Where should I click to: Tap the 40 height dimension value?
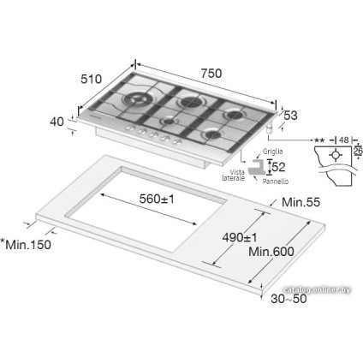(58, 122)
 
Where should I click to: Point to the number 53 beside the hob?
(291, 116)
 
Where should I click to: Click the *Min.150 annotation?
(27, 246)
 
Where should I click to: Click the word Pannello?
(276, 181)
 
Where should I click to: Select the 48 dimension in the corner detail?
(342, 139)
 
